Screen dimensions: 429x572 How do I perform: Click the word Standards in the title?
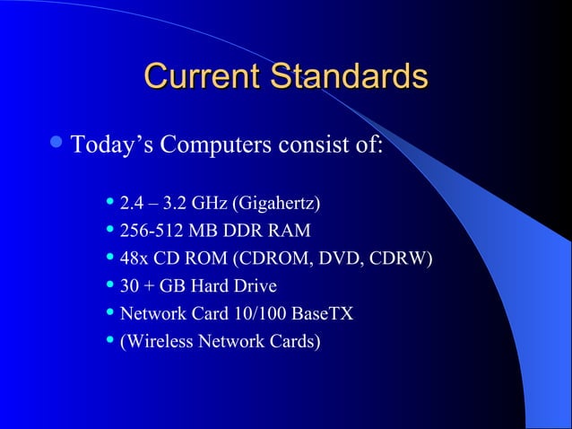(345, 76)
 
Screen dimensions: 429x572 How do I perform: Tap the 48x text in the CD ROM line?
(134, 260)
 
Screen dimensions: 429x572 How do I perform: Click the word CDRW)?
(407, 260)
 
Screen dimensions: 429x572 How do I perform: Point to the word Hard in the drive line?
(208, 287)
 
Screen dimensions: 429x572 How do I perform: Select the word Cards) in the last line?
(295, 341)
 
